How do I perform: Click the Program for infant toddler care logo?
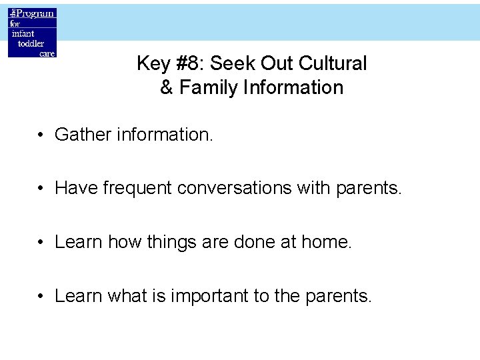pyautogui.click(x=32, y=33)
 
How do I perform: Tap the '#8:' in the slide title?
pyautogui.click(x=189, y=64)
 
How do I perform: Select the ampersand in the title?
pyautogui.click(x=167, y=88)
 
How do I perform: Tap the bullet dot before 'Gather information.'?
pyautogui.click(x=41, y=135)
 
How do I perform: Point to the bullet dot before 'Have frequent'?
pyautogui.click(x=41, y=189)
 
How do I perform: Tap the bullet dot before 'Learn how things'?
pyautogui.click(x=41, y=242)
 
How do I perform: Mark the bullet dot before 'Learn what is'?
pyautogui.click(x=41, y=296)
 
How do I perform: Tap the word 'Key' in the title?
pyautogui.click(x=151, y=64)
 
